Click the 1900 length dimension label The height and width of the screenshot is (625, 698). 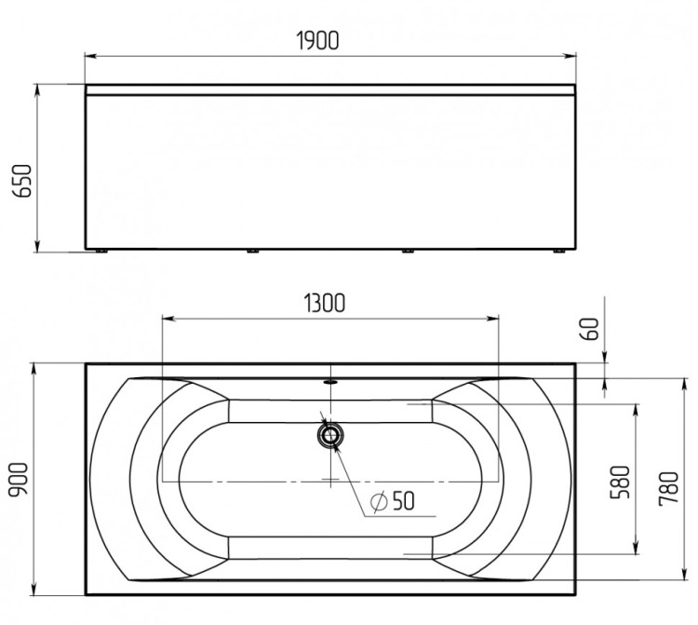[x=318, y=41]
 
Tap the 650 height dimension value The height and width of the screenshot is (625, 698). [x=22, y=181]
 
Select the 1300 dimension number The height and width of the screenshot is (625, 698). [x=325, y=303]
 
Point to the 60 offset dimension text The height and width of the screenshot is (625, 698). [x=590, y=329]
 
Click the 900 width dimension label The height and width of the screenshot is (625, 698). [x=20, y=479]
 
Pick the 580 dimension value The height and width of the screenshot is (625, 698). [x=620, y=482]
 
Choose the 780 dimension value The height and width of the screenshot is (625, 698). [x=668, y=488]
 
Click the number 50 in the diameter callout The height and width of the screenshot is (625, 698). [x=403, y=500]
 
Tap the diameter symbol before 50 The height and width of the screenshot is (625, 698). [x=379, y=502]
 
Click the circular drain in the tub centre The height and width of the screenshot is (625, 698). [x=330, y=435]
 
